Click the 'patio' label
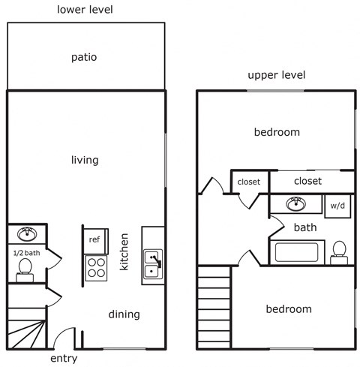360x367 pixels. point(84,57)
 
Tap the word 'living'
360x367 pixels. point(85,160)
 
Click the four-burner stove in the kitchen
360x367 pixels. point(96,266)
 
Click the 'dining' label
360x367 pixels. point(124,314)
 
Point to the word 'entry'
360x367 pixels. point(63,359)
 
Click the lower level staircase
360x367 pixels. point(26,329)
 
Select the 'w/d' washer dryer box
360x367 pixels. point(337,205)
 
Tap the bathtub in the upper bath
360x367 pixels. point(298,251)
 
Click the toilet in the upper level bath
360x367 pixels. point(339,251)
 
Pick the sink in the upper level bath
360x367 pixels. point(296,203)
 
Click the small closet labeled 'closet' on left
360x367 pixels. point(249,182)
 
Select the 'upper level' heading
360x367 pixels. point(277,75)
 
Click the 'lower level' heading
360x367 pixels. point(84,9)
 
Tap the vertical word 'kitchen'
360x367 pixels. point(125,252)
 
